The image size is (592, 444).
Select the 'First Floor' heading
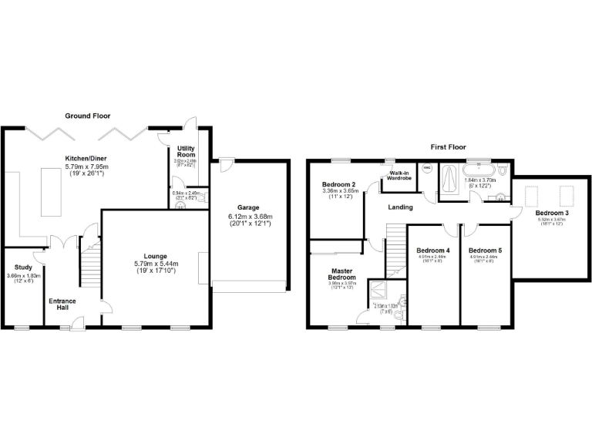[447, 146]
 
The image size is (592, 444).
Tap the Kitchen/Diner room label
[86, 158]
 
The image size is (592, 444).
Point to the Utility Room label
[186, 151]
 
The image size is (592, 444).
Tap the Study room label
[23, 268]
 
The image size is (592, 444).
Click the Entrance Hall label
[62, 304]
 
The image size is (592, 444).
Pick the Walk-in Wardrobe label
[399, 176]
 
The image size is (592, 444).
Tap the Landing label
[400, 207]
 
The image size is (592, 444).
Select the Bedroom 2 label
[339, 185]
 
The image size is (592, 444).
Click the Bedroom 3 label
[551, 212]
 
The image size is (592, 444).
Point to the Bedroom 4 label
[432, 251]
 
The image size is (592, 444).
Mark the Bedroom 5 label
[485, 251]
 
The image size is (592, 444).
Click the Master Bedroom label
[341, 274]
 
